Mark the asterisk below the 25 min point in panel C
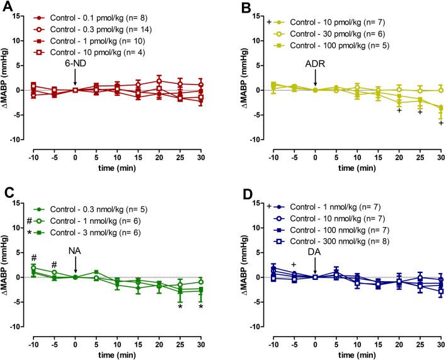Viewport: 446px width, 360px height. coord(180,307)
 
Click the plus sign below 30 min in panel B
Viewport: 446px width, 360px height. coord(440,123)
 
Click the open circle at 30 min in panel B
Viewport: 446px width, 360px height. coord(440,90)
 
